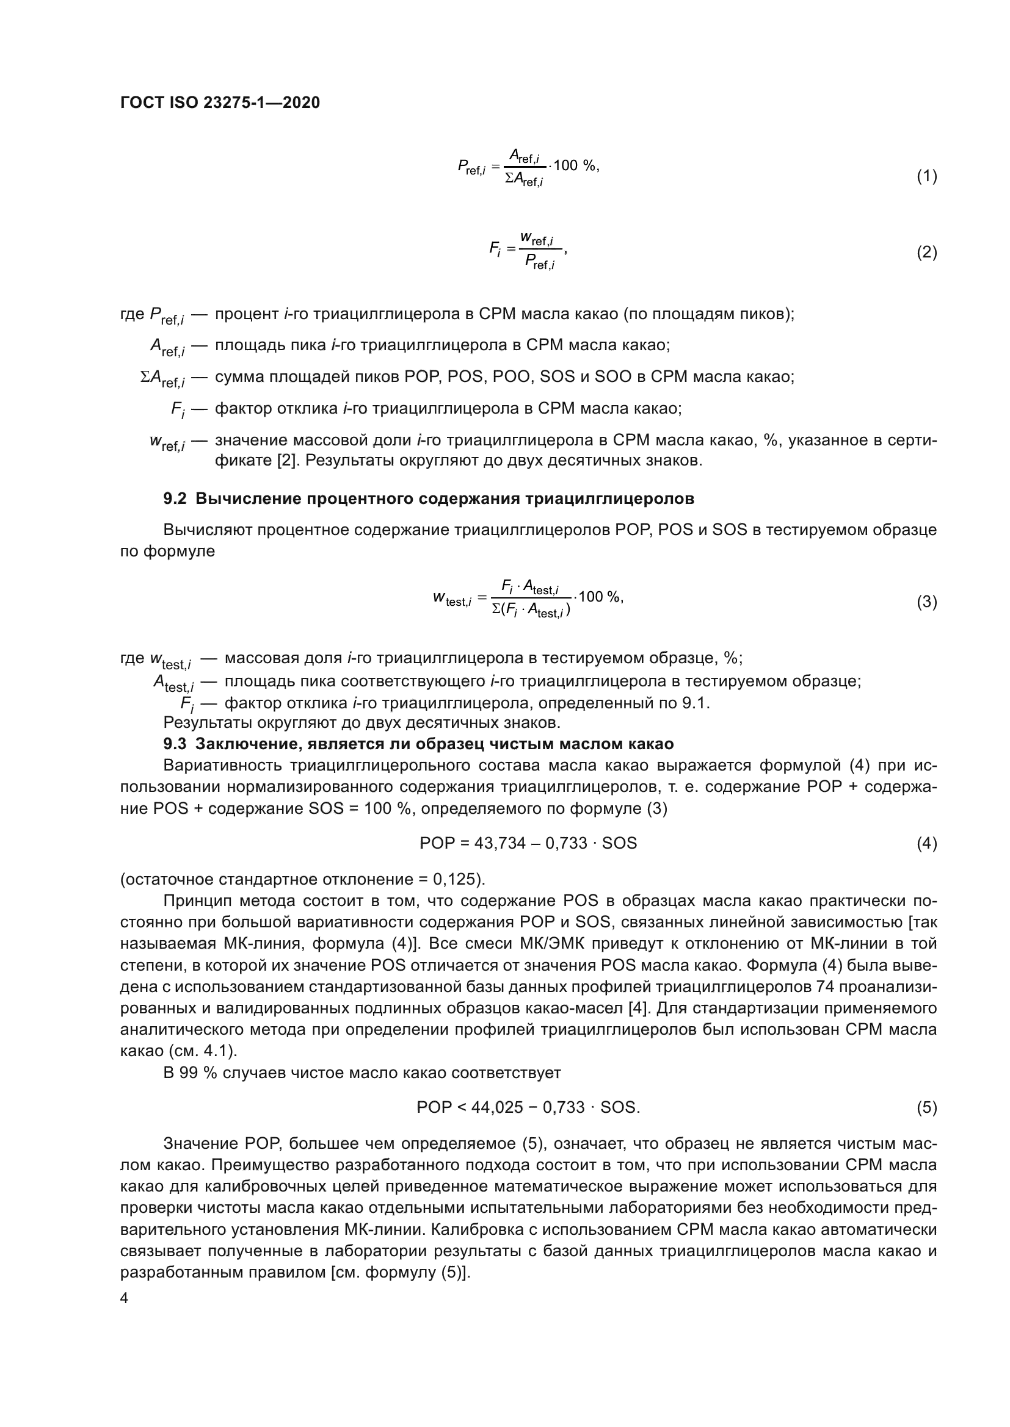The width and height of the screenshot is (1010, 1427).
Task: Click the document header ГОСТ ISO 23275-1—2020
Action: [x=220, y=103]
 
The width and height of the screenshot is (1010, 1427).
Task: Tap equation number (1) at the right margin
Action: [x=926, y=176]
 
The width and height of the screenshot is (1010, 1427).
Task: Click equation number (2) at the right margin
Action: [x=926, y=253]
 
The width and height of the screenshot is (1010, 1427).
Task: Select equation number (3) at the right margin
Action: [x=926, y=602]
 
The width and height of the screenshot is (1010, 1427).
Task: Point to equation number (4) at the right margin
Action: [x=926, y=843]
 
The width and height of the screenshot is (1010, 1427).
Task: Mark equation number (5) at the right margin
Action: [x=926, y=1107]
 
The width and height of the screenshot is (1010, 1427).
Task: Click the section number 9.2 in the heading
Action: [x=175, y=498]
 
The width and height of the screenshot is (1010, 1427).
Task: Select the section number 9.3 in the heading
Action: [x=175, y=744]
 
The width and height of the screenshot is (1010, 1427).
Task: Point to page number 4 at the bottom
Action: [x=124, y=1298]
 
